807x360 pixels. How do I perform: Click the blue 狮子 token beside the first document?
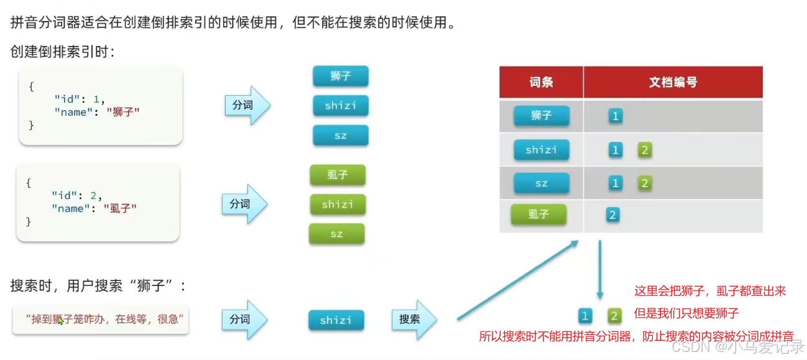(341, 76)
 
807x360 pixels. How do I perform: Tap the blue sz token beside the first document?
(341, 136)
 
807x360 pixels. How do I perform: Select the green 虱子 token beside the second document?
(338, 175)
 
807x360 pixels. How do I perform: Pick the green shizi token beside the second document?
(338, 205)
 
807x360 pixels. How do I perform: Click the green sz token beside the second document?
(336, 234)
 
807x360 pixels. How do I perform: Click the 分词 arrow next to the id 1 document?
(247, 105)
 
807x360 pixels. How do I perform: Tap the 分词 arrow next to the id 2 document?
(244, 204)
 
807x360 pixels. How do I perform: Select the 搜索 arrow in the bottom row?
(413, 320)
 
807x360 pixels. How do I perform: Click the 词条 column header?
(541, 82)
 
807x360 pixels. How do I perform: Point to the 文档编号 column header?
(673, 82)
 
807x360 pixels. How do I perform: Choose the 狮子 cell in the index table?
(541, 116)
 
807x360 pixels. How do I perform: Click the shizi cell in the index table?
(541, 150)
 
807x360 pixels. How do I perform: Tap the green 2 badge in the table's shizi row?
(645, 150)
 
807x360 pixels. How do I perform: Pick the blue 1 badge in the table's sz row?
(616, 183)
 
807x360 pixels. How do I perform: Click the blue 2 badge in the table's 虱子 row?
(612, 215)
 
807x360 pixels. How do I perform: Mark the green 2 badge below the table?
(615, 316)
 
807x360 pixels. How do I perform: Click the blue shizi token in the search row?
(336, 320)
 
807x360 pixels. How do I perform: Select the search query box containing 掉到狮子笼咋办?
(101, 320)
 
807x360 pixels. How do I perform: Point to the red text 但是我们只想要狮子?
(686, 313)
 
